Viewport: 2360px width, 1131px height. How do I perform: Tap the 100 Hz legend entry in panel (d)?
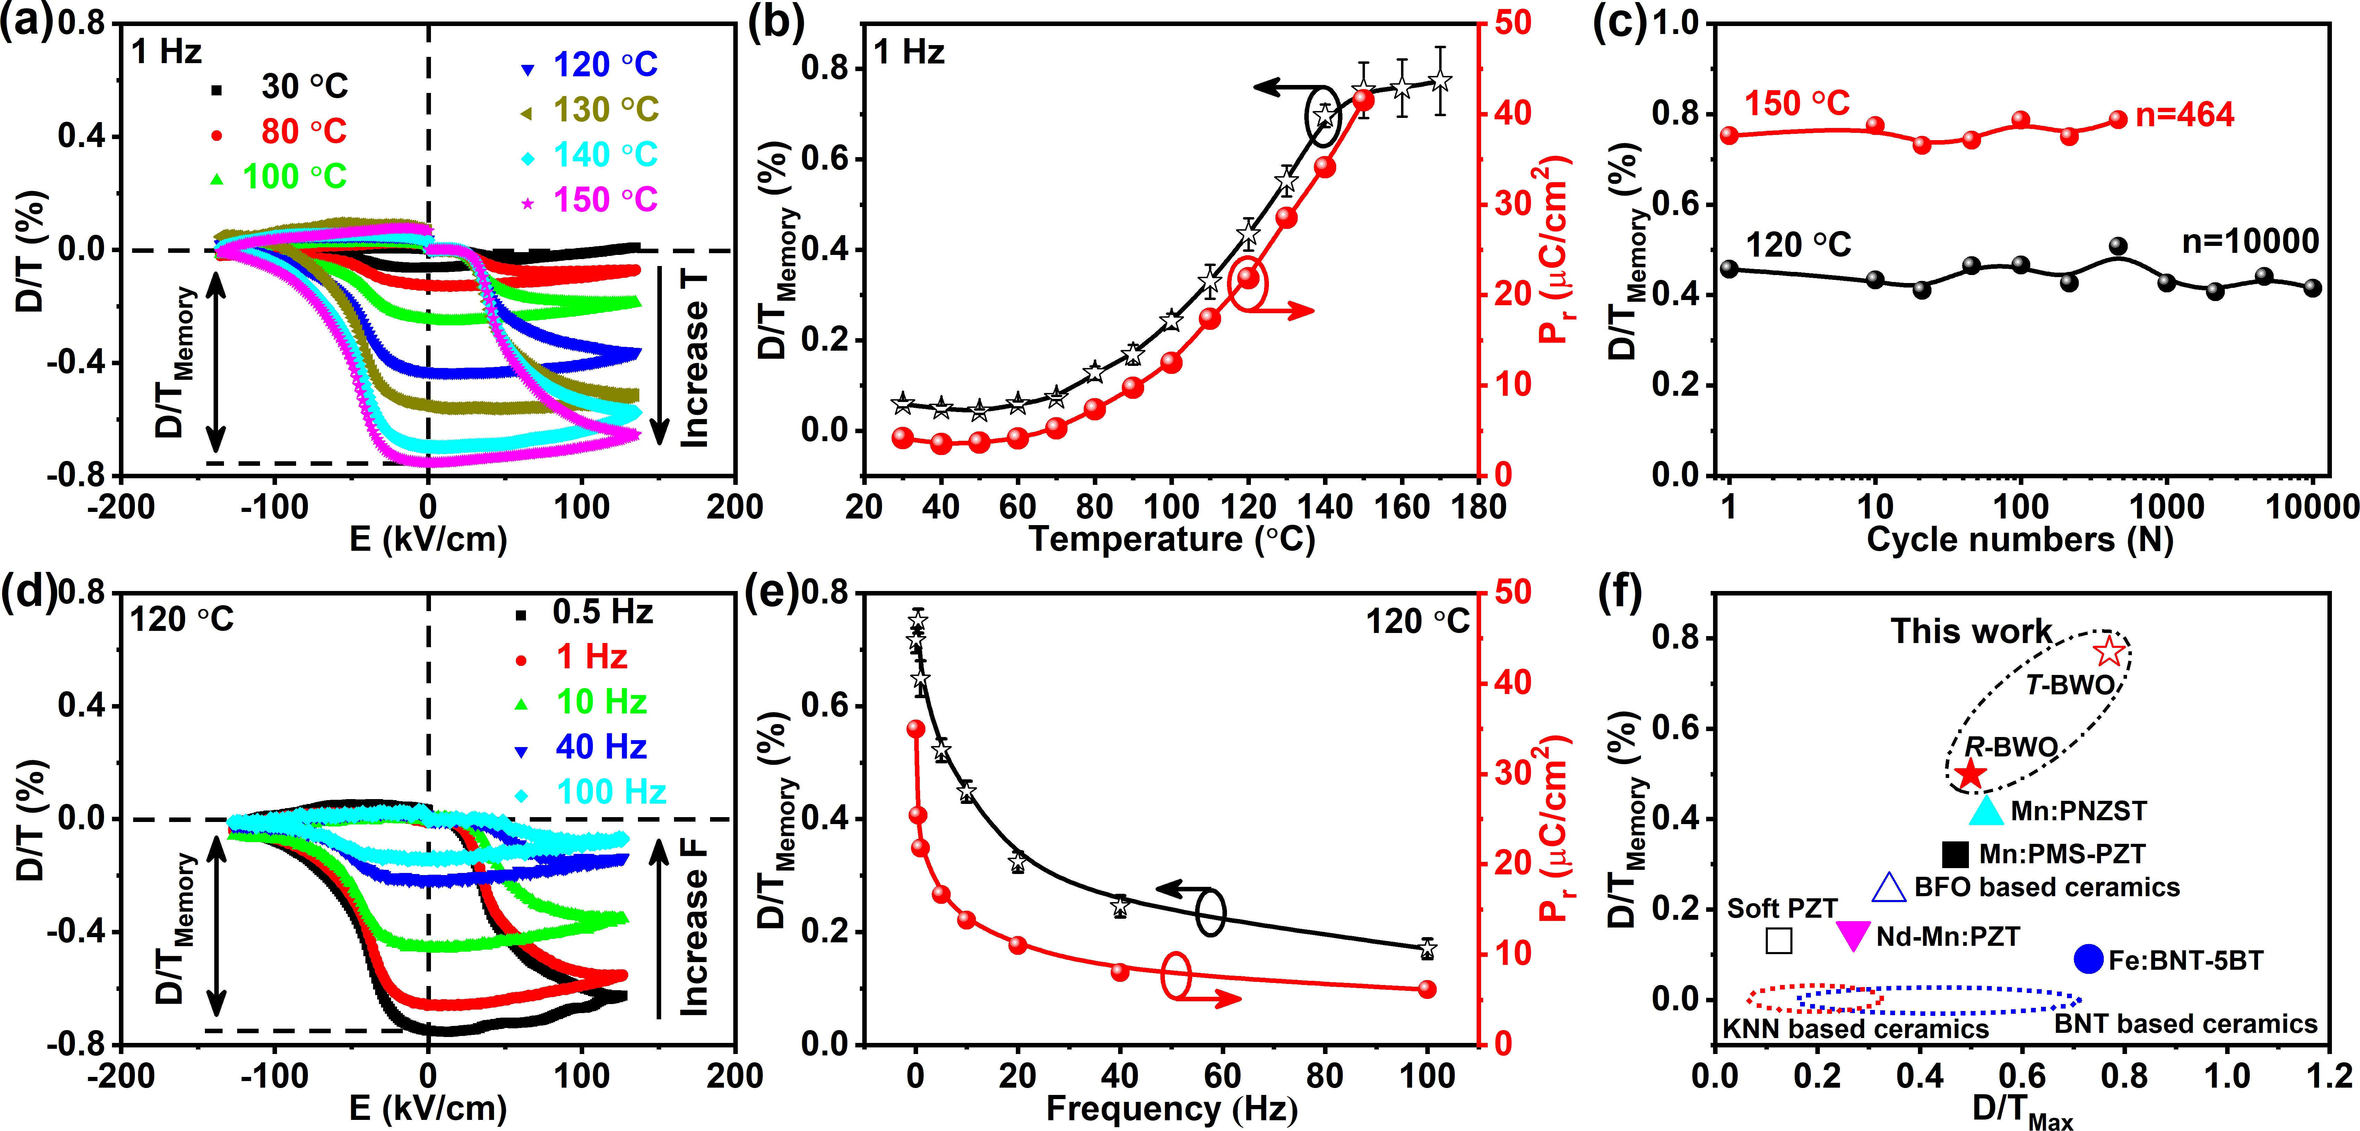tap(611, 792)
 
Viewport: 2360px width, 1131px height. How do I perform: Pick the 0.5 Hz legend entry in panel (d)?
tap(602, 612)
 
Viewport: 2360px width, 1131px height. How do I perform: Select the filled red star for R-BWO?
tap(1970, 774)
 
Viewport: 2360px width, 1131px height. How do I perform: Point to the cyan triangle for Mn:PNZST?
tap(1986, 810)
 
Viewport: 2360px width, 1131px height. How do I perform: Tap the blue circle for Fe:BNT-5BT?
tap(2088, 959)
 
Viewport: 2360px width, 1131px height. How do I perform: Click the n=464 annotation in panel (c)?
tap(2185, 115)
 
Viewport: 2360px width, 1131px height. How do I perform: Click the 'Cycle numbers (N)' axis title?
tap(2020, 540)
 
